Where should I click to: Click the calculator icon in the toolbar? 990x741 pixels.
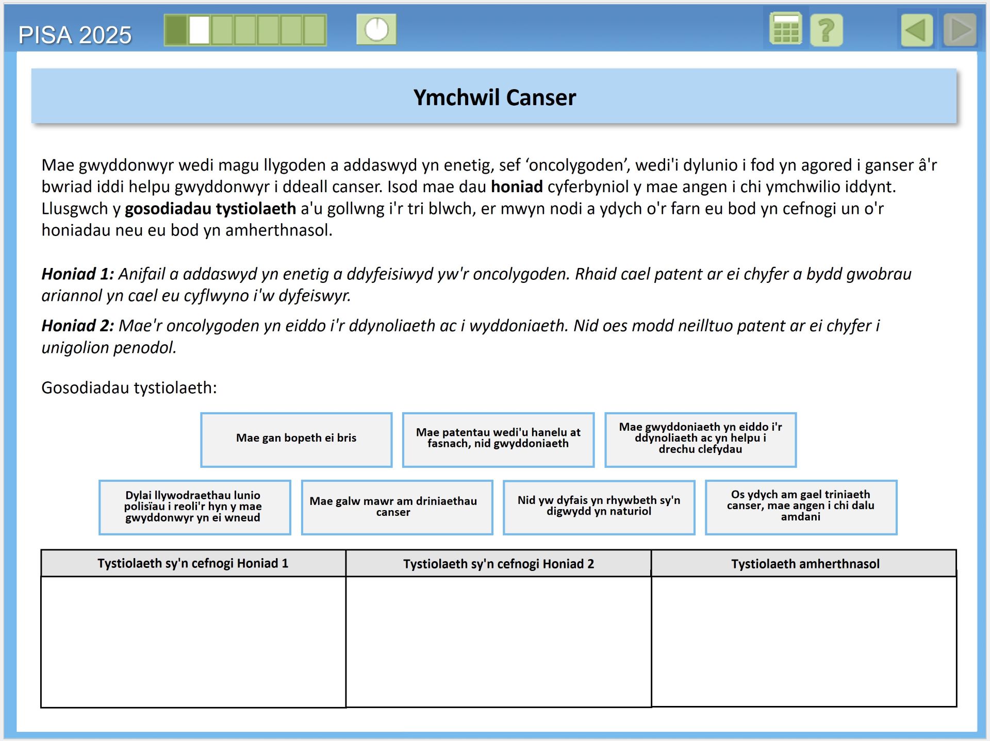[x=785, y=29]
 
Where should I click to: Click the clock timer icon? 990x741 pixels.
[x=376, y=29]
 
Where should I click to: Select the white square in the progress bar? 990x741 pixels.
[x=199, y=30]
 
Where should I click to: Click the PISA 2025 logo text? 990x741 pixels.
[x=75, y=35]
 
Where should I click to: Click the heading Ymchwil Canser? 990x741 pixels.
[x=494, y=97]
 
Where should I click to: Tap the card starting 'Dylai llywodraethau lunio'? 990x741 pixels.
[x=194, y=507]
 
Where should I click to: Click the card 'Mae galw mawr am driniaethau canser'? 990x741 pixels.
[x=397, y=507]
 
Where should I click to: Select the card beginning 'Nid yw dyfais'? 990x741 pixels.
[x=599, y=507]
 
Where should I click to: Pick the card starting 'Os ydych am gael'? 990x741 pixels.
[x=801, y=507]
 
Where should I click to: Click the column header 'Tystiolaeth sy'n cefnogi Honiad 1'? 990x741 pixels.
[x=193, y=563]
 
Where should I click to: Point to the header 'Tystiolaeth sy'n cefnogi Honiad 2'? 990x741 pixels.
[x=498, y=564]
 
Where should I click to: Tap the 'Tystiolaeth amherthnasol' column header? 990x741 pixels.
[x=805, y=564]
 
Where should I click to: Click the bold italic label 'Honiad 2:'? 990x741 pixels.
[x=77, y=326]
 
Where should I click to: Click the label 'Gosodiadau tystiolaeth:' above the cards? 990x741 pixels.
[x=129, y=388]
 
